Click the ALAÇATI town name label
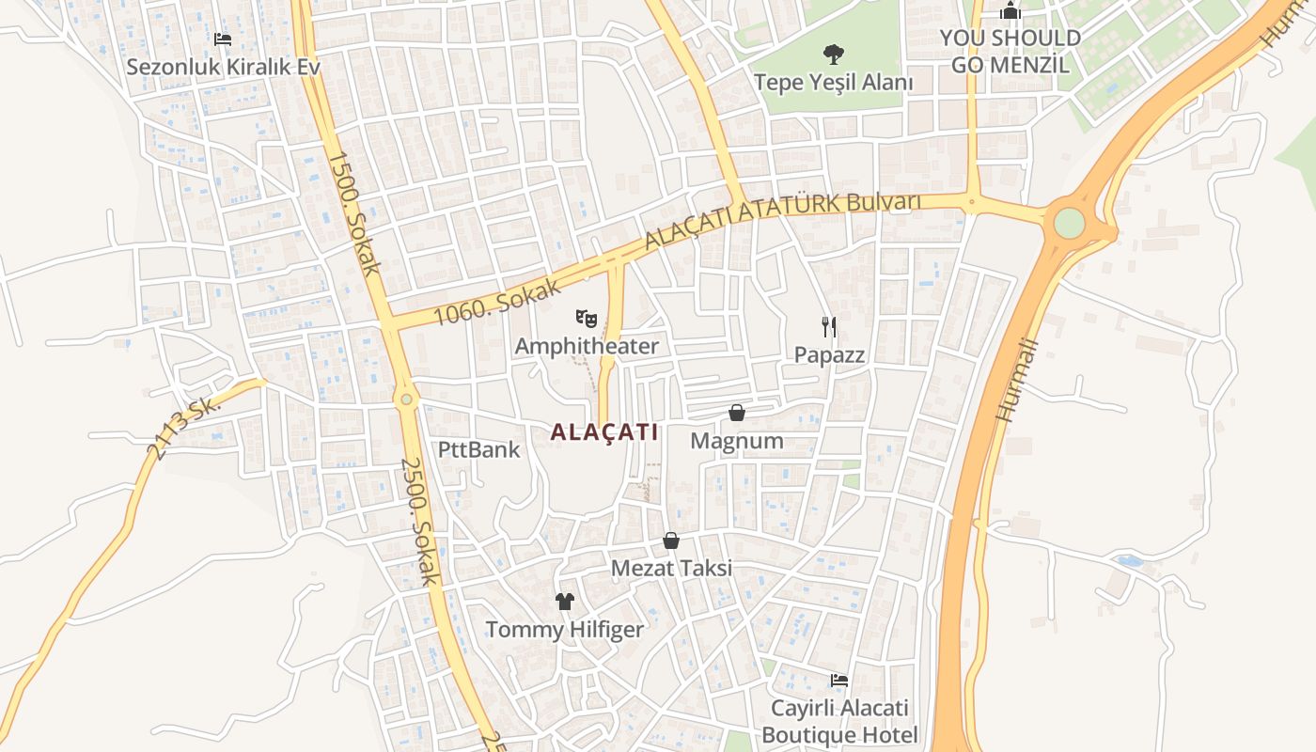(603, 432)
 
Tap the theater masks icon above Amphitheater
(587, 318)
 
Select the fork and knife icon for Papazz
(828, 327)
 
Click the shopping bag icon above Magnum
(737, 413)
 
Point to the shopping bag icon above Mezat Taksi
(671, 540)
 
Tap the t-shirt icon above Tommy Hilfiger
(564, 602)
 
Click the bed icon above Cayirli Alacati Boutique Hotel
(839, 680)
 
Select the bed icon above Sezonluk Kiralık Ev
(223, 39)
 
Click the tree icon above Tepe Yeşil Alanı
(832, 55)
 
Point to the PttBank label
(478, 449)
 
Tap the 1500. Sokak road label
(354, 212)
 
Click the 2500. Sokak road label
(420, 521)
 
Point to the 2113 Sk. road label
(182, 428)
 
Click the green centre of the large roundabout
(1069, 223)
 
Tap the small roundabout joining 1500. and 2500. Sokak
(406, 399)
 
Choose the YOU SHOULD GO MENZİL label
(1010, 51)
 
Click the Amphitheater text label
(587, 346)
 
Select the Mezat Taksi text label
(671, 568)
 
